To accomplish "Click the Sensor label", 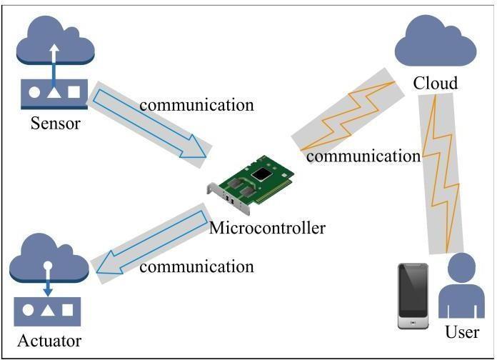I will coord(54,124).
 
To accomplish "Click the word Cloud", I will coord(435,84).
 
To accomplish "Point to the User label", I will coord(461,332).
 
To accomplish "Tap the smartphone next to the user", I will coord(413,296).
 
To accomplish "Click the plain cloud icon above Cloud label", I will coord(436,43).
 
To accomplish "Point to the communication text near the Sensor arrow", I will coord(196,104).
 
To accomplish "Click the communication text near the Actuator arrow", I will coord(196,266).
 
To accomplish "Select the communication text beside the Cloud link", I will coord(363,155).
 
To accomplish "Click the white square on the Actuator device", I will coord(68,311).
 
